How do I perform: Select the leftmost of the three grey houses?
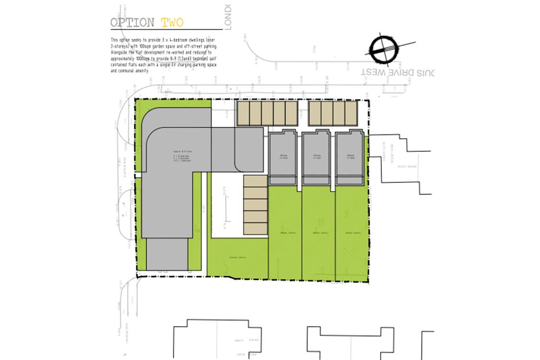coord(284,159)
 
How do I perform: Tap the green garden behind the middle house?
coord(317,232)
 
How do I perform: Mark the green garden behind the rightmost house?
coord(351,232)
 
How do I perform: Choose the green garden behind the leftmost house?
coord(285,232)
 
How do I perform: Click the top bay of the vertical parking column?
coord(256,181)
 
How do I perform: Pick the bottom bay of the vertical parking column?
coord(256,228)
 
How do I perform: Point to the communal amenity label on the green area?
coord(236,257)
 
